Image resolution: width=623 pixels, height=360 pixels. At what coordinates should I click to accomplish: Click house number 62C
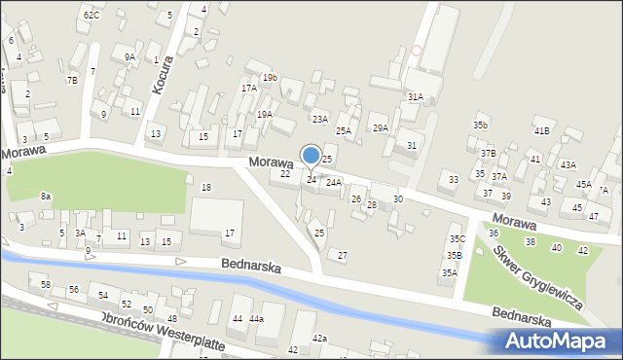(x=92, y=16)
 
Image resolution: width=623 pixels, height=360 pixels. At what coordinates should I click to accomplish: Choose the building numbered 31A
(x=416, y=96)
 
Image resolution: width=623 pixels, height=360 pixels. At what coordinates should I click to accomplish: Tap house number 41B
(x=541, y=130)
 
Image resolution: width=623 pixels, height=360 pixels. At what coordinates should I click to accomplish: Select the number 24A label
(x=334, y=182)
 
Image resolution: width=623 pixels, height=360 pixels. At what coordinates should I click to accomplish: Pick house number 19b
(x=270, y=77)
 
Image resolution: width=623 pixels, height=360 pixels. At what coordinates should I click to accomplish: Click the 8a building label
(x=46, y=196)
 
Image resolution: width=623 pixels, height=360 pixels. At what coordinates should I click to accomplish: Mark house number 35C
(x=457, y=238)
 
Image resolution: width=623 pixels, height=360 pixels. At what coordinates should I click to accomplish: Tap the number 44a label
(x=256, y=319)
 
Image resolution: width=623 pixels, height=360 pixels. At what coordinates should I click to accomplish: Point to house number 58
(x=46, y=284)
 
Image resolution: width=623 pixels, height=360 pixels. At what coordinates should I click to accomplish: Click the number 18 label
(x=205, y=187)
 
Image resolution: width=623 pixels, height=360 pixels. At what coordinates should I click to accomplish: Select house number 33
(x=454, y=179)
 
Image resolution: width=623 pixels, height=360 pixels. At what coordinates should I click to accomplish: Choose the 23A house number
(x=319, y=119)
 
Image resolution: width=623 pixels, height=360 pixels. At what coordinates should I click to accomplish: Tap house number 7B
(x=72, y=80)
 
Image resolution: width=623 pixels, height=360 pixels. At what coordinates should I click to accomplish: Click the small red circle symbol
(x=418, y=50)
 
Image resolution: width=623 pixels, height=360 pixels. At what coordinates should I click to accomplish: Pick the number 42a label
(x=320, y=338)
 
